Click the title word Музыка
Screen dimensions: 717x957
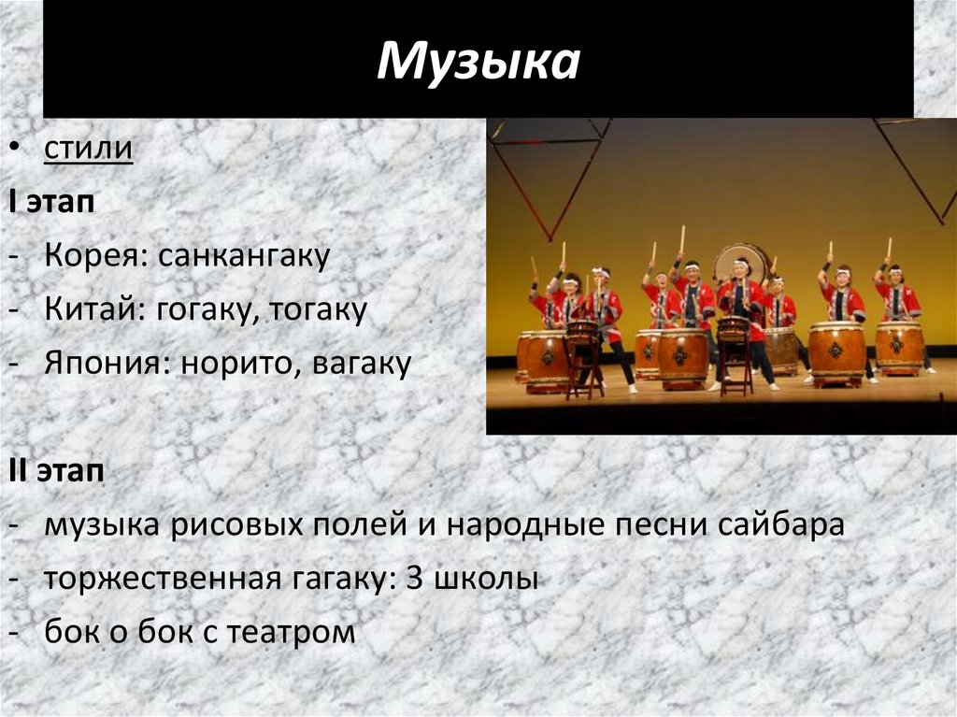[x=478, y=62]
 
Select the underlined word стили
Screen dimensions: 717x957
[x=88, y=150]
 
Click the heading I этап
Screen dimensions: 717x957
[x=51, y=202]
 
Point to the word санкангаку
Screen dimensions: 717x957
[x=244, y=256]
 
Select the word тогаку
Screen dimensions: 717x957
[x=317, y=310]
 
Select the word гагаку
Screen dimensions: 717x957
[x=340, y=579]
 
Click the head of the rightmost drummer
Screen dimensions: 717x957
[x=894, y=274]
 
